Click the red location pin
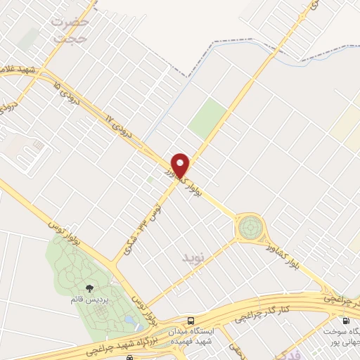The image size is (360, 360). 181,165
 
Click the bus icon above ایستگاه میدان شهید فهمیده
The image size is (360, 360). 192,319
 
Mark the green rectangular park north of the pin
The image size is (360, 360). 209,118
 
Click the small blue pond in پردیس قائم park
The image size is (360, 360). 129,321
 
